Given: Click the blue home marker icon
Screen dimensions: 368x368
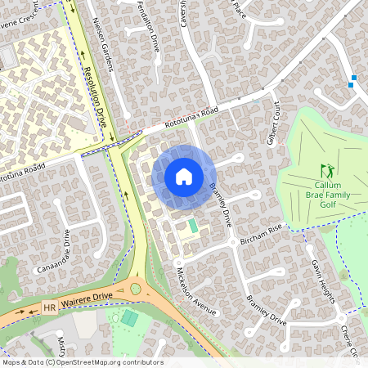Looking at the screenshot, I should point(184,177).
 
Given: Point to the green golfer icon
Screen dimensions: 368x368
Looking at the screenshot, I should point(327,172).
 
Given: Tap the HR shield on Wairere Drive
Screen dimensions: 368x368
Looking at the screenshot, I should point(50,308).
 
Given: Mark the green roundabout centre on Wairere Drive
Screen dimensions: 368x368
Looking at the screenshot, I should point(135,289).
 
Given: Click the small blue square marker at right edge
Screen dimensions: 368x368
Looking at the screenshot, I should point(352,83).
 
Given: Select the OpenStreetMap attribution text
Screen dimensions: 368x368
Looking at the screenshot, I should point(83,362).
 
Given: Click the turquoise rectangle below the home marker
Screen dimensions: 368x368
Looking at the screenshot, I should point(193,225).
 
